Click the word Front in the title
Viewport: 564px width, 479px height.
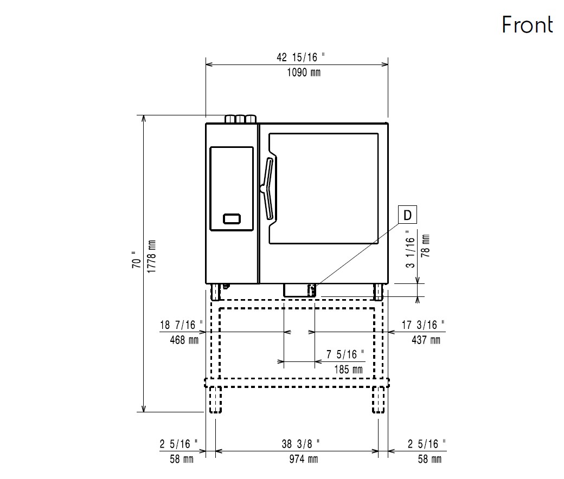coord(527,25)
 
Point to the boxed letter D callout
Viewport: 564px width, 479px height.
coord(408,215)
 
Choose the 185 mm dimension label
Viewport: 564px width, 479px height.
coord(348,370)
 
